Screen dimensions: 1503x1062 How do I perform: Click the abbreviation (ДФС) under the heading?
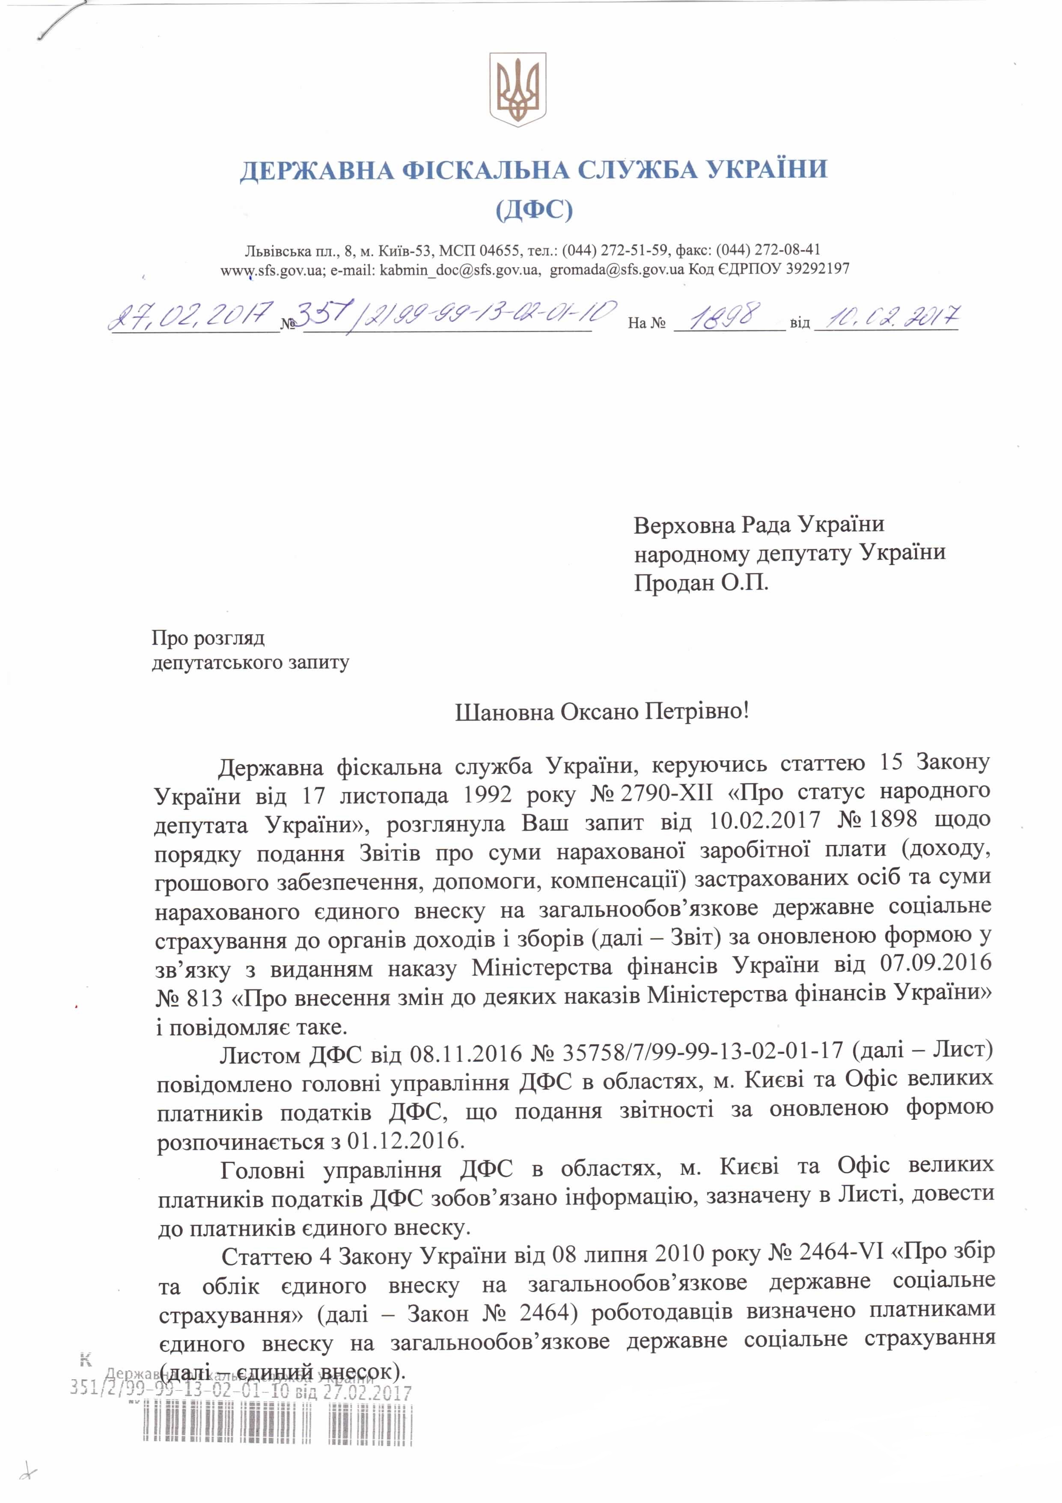[x=534, y=209]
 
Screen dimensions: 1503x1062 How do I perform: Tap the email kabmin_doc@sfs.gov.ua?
[x=434, y=269]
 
